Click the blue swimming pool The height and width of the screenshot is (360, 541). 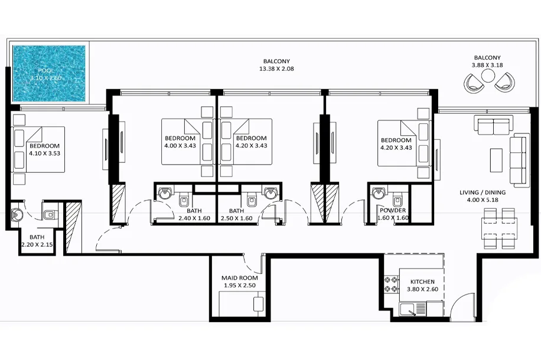point(49,73)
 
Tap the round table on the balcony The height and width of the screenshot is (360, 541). point(488,76)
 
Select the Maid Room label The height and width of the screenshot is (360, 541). point(239,277)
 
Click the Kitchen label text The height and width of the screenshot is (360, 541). point(422,282)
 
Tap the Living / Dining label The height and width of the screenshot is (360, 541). point(483,192)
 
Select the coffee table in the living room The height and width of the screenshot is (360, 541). point(496,160)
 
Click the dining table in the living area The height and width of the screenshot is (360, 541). point(499,228)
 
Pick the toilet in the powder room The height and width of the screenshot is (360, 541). point(397,201)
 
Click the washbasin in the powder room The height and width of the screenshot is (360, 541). point(379,193)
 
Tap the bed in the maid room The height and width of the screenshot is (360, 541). point(242,304)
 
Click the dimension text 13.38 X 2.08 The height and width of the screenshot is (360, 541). point(276,68)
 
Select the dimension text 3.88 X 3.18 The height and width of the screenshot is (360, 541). point(487,65)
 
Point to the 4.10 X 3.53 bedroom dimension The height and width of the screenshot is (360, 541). point(44,153)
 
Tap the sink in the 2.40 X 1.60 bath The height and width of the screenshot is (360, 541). point(164,193)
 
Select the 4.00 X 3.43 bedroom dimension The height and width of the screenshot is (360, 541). point(180,146)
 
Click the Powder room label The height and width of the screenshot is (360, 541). point(393,210)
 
